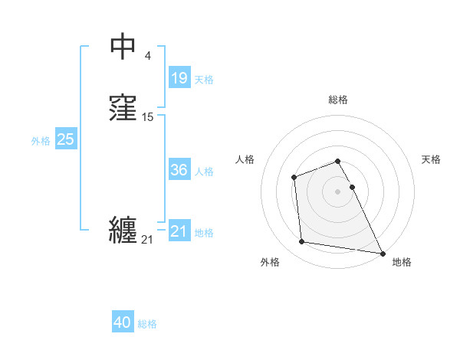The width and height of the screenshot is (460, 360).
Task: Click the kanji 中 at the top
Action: [123, 47]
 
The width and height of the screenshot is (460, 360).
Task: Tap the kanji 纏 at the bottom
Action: [123, 231]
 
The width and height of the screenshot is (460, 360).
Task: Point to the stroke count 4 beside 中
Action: [148, 55]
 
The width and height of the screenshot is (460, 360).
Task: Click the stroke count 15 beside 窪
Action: [148, 117]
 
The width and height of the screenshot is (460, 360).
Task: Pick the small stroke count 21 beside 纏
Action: [147, 240]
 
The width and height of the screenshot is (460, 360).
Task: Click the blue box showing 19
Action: [179, 78]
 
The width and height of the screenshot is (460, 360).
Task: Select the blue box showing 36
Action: [179, 170]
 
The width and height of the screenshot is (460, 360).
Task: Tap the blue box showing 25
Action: [65, 139]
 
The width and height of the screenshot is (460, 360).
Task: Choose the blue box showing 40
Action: [123, 323]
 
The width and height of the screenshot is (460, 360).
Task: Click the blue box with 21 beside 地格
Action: [179, 231]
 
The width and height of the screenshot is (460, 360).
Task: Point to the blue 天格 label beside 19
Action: [204, 80]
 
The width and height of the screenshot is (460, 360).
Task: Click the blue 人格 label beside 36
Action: [204, 172]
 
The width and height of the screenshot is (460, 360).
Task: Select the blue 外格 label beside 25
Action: [41, 141]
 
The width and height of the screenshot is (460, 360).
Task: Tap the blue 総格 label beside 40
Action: [147, 325]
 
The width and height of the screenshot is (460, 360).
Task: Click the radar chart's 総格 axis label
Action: [338, 100]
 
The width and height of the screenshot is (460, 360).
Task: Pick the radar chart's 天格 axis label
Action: [431, 159]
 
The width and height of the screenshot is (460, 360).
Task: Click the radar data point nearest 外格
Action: [302, 242]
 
